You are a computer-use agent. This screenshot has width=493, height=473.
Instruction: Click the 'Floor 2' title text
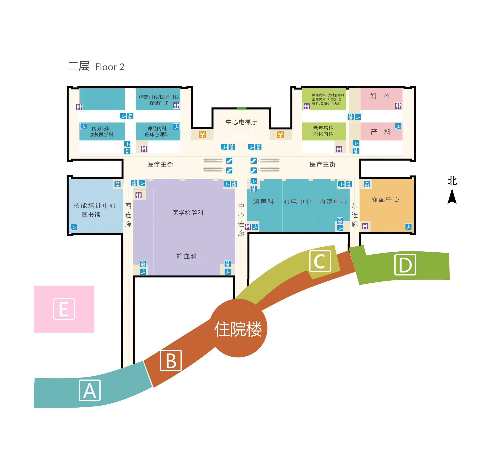click(110, 67)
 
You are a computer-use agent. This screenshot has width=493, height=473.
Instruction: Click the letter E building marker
click(64, 309)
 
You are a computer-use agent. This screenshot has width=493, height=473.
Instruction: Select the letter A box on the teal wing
click(90, 390)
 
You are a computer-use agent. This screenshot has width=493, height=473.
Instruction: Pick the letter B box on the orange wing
click(171, 360)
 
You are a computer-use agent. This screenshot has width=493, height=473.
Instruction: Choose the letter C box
click(320, 261)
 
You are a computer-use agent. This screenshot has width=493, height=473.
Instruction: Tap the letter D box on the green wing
click(405, 265)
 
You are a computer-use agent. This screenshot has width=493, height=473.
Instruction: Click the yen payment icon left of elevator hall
click(202, 135)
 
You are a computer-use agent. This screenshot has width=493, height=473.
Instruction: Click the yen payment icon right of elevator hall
click(280, 135)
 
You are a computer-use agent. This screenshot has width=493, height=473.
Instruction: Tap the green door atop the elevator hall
click(242, 108)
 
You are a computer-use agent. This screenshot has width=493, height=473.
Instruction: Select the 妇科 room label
click(380, 96)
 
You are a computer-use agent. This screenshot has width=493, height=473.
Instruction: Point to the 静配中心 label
click(385, 199)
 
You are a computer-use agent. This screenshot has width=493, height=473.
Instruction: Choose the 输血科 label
click(187, 256)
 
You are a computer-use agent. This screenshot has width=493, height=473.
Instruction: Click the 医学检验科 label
click(188, 213)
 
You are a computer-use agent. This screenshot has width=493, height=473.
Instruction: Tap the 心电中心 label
click(298, 202)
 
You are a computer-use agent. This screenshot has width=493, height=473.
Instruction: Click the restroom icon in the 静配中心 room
click(365, 226)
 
